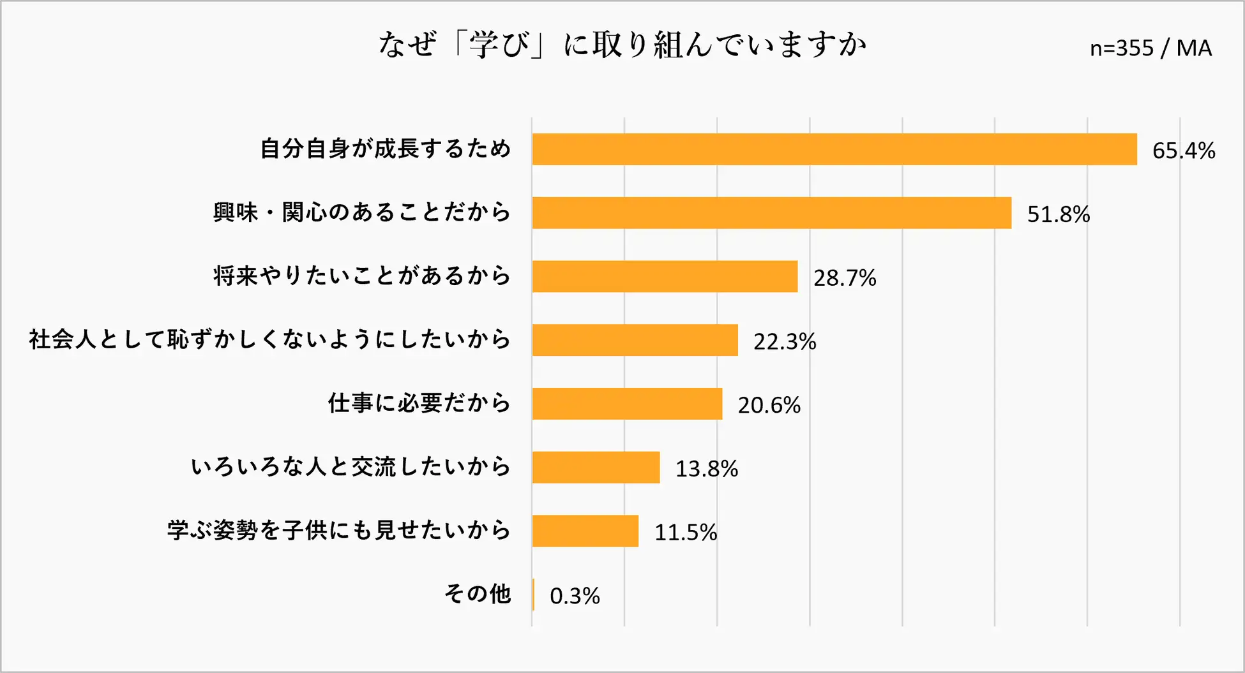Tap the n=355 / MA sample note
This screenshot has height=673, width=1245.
click(1151, 48)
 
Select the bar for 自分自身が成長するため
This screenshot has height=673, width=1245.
click(834, 149)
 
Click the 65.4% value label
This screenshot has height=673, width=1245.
click(1183, 151)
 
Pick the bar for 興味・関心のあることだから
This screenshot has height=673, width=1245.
click(771, 213)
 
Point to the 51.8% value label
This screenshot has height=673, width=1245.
click(1058, 214)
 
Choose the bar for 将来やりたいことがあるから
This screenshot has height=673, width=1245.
click(665, 276)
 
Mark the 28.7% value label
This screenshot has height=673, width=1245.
click(844, 278)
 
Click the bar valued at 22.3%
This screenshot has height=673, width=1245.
click(635, 340)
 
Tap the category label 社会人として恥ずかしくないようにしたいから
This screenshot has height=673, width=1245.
click(270, 339)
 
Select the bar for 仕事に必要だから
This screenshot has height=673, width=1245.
click(627, 404)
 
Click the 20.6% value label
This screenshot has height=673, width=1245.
click(769, 405)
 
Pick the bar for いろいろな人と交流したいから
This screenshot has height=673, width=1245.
click(596, 468)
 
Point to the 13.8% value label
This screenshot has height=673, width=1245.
click(706, 469)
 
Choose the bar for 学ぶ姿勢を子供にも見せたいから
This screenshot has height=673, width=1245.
click(585, 531)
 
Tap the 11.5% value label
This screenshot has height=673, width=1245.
click(685, 532)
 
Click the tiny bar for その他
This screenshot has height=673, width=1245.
click(533, 595)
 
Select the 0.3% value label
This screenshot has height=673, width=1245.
click(575, 596)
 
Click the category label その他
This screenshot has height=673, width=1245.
click(478, 594)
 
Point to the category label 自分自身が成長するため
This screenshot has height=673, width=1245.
click(386, 149)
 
